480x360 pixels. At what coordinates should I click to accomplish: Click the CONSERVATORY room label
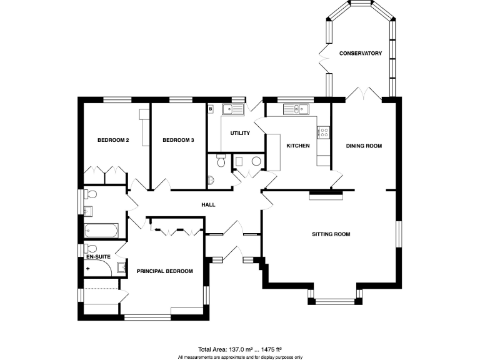[x=360, y=54]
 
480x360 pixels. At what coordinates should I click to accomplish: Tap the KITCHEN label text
[x=298, y=146]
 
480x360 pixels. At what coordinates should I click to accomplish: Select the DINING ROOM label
[x=364, y=146]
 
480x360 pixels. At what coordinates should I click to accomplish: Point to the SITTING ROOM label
[x=331, y=234]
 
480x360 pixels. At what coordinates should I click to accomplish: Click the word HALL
[x=208, y=204]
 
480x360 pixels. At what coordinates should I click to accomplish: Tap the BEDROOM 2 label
[x=113, y=141]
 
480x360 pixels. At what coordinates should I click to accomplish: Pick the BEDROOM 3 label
[x=178, y=141]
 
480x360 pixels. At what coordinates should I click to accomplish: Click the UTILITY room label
[x=240, y=133]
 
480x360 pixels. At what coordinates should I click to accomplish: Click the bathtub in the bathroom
[x=100, y=230]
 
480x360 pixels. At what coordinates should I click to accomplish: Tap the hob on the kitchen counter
[x=324, y=132]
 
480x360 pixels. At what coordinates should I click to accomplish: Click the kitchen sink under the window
[x=297, y=110]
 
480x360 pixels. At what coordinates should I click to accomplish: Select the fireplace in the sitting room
[x=326, y=196]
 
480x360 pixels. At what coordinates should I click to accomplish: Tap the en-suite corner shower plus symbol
[x=88, y=268]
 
